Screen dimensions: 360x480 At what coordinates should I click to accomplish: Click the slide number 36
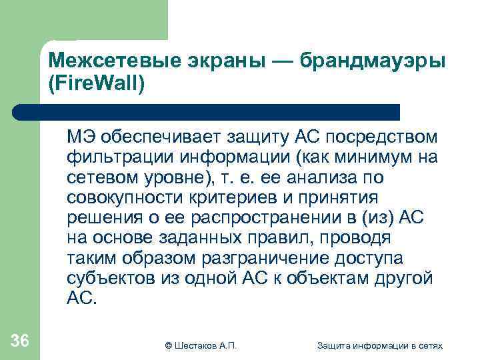[20, 341]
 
